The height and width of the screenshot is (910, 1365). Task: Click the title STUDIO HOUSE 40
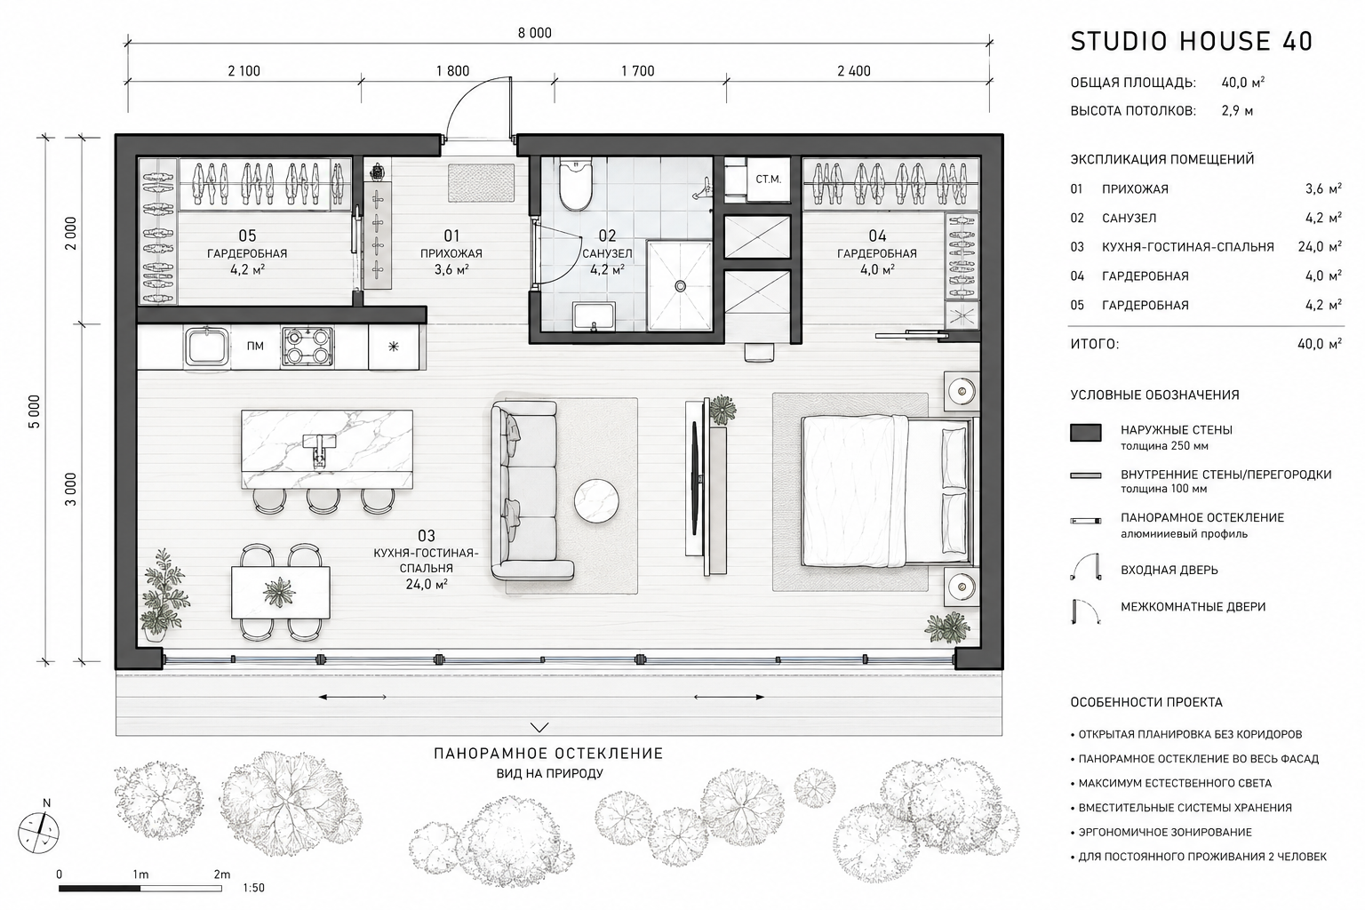[1192, 42]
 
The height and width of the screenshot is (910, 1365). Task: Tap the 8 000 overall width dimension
[534, 33]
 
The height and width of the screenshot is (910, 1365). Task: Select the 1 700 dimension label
[638, 71]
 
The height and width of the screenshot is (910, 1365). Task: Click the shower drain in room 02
[680, 286]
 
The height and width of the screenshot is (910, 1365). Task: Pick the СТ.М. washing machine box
[768, 180]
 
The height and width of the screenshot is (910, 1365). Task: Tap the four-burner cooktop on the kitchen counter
[307, 347]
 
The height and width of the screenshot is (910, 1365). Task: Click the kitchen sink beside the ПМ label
[207, 347]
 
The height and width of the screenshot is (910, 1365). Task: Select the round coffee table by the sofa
[596, 501]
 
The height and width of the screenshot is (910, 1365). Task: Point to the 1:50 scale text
[253, 888]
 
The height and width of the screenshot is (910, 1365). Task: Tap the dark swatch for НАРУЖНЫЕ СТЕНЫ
[1085, 432]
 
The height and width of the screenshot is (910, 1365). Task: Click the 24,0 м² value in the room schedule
[1320, 247]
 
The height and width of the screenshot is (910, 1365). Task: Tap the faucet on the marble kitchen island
[319, 449]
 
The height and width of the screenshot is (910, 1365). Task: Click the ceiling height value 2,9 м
[1237, 111]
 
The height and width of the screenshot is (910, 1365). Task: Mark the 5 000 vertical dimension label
[34, 411]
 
